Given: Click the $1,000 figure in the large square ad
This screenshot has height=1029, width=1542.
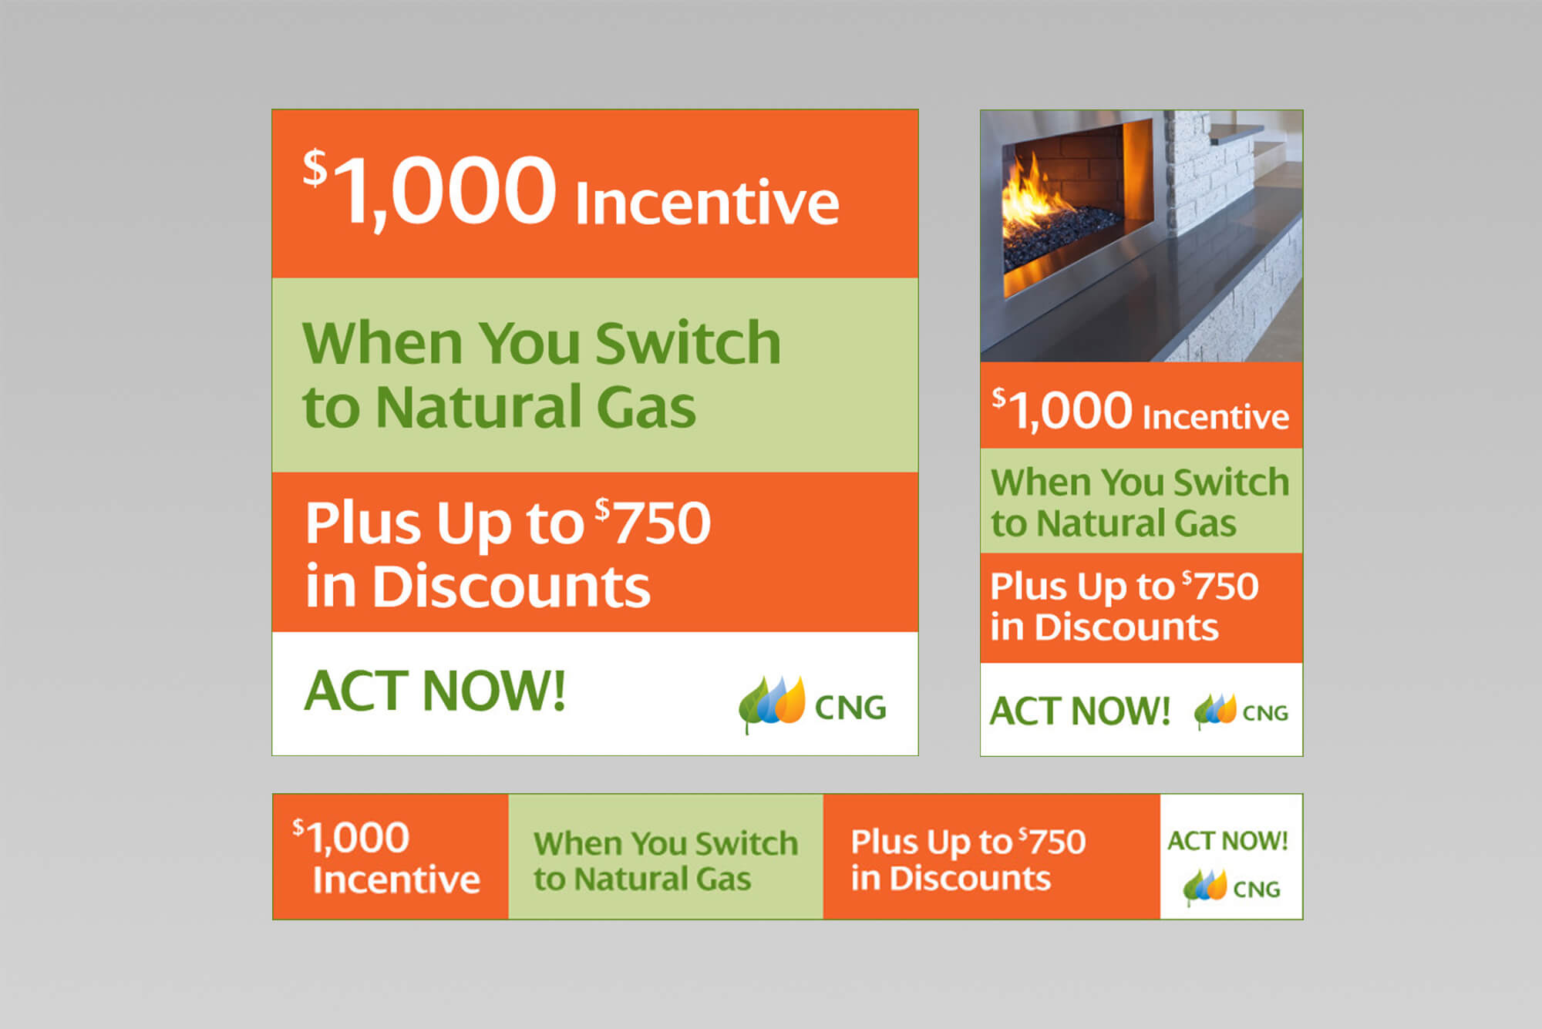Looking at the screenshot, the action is (x=429, y=189).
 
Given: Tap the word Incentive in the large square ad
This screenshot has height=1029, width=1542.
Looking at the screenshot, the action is (x=707, y=202).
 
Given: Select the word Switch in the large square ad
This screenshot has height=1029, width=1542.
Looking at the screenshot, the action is (x=688, y=342).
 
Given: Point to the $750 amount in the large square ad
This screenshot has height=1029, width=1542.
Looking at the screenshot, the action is (x=652, y=522).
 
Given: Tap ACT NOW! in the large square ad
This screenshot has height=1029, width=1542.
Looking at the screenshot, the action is (x=435, y=690).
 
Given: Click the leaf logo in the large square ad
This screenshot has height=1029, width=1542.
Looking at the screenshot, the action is (x=772, y=704).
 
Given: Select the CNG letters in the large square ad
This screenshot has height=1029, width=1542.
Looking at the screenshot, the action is (x=850, y=708).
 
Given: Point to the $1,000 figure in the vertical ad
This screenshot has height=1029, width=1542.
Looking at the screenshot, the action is (x=1062, y=410).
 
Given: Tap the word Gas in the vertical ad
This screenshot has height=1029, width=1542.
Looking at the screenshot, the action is (x=1205, y=523).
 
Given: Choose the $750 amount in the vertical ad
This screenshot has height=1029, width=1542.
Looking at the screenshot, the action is (x=1220, y=586).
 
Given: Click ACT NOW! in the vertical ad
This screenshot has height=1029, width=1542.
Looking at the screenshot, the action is (x=1079, y=711).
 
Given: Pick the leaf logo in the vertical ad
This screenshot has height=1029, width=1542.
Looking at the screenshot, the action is (x=1215, y=711).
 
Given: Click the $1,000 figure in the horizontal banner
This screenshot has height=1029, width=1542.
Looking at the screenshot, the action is (x=350, y=837).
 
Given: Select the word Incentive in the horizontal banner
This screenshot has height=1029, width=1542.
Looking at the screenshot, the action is (x=396, y=879).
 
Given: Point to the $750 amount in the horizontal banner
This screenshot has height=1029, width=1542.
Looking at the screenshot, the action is (x=1052, y=841).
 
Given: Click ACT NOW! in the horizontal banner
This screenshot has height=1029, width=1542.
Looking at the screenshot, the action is (x=1227, y=840).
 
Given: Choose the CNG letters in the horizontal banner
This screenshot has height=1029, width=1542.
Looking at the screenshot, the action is (x=1257, y=889).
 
